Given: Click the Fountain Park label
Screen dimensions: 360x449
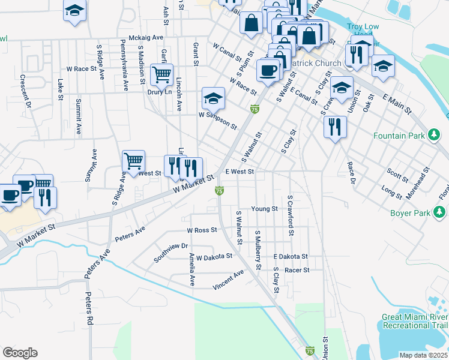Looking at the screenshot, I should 399,136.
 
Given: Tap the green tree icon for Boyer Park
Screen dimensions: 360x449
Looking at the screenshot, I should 441,212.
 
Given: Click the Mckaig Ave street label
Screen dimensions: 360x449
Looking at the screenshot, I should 142,37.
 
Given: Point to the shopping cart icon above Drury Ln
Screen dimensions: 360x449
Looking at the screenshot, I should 161,75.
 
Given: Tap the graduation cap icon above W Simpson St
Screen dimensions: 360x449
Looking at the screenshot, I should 213,98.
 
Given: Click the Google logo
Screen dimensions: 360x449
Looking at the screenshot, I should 20,353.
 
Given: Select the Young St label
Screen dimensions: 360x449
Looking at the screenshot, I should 264,209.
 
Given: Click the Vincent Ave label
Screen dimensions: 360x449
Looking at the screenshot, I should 228,280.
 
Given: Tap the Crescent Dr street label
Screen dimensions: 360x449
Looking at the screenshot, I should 26,91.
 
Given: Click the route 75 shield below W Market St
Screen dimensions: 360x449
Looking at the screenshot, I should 220,190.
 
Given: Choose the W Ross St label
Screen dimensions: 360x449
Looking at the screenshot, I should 202,230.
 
